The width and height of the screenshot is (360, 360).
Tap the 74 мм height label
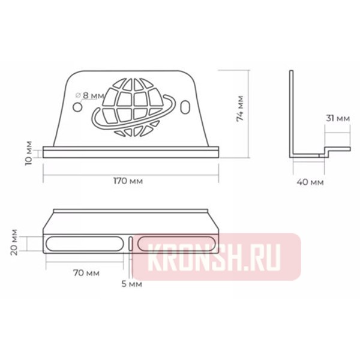240,109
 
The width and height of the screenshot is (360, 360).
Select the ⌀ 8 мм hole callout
90,95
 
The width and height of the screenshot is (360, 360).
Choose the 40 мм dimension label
310,181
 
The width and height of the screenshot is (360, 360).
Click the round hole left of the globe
77,106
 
